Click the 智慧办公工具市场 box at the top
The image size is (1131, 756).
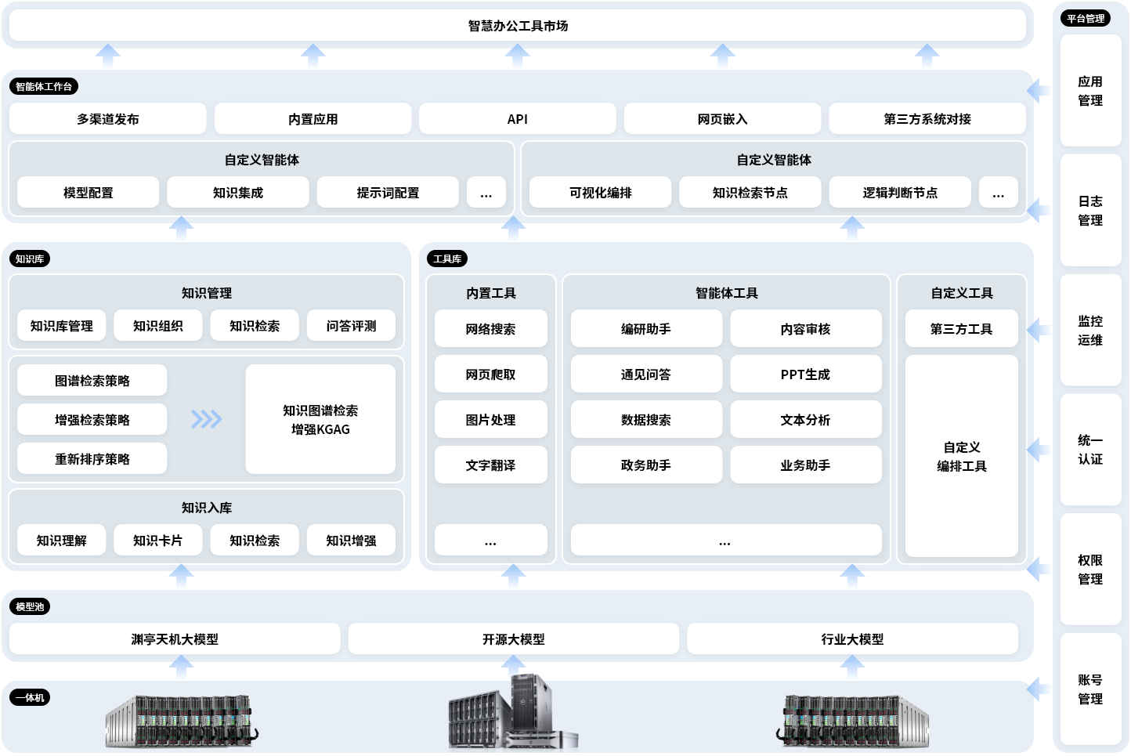[518, 26]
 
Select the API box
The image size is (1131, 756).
[518, 119]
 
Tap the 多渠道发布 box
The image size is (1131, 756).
[108, 119]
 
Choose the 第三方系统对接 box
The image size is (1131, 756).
[927, 119]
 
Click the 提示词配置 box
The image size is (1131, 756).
[388, 193]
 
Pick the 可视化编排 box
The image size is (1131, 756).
[600, 193]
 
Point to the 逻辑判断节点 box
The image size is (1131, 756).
[900, 193]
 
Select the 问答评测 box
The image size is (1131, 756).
[351, 326]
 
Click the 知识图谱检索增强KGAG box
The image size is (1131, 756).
[320, 419]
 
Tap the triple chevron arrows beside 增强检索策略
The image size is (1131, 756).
[207, 420]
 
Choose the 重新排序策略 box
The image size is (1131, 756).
[92, 459]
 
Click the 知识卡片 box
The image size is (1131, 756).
[157, 541]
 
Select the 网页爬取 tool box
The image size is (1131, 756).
[490, 374]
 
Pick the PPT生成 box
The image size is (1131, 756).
[805, 374]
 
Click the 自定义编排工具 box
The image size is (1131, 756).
[962, 456]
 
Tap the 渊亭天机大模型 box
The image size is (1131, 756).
[175, 639]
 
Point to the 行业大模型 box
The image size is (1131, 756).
[852, 639]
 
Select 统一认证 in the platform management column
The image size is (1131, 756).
[1090, 450]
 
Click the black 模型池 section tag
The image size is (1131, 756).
[30, 606]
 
